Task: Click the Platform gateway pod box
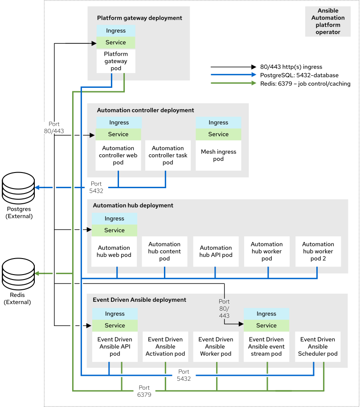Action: (x=116, y=62)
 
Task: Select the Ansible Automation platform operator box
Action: (x=328, y=21)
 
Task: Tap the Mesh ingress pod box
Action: (x=218, y=155)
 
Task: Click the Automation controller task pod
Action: (x=168, y=155)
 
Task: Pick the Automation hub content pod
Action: (x=164, y=251)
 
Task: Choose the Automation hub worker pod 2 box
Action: (x=318, y=251)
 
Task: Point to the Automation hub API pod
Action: (x=216, y=251)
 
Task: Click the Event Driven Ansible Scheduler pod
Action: (x=318, y=347)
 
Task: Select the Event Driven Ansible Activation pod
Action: (x=165, y=347)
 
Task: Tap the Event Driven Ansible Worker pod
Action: (x=216, y=347)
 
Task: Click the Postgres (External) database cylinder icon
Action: (x=18, y=188)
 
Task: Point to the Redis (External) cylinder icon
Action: (x=18, y=273)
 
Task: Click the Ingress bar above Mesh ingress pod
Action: (x=218, y=123)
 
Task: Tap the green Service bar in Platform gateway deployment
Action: (x=116, y=42)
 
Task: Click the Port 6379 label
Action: (x=144, y=391)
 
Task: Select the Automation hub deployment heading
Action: (x=133, y=206)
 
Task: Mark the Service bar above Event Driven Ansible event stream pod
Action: (x=266, y=325)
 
